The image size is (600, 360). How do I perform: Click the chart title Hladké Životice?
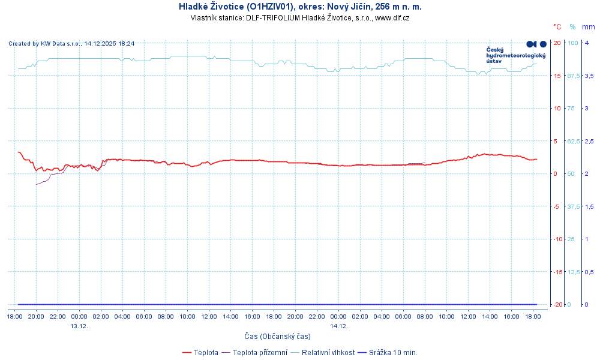point(300,7)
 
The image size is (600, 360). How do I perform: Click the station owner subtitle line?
point(300,18)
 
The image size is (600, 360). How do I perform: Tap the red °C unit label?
point(557,26)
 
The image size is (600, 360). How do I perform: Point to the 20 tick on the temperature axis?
point(557,43)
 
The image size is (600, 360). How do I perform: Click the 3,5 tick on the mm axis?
point(590,76)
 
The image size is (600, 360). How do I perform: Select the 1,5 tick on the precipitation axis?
point(590,206)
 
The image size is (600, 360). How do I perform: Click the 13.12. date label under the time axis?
point(79,326)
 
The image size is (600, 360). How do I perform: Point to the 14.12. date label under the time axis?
point(338,326)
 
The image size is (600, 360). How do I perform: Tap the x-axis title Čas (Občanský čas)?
point(277,337)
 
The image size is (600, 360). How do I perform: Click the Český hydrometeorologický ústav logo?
point(516,53)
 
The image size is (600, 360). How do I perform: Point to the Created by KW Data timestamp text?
point(71,43)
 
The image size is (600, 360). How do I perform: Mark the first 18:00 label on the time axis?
point(14,316)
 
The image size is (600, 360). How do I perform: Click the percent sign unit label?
point(572,26)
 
